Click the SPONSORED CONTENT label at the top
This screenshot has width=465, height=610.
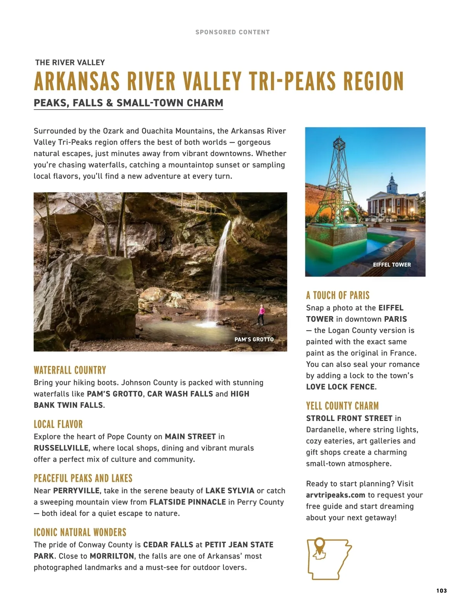232,32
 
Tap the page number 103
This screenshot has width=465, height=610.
441,591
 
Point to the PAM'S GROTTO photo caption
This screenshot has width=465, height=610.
254,339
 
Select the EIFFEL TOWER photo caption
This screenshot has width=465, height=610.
392,265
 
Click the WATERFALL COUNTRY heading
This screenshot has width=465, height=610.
70,370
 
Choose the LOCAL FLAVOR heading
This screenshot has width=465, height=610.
58,424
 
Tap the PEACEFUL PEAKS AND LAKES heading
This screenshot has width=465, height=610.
83,478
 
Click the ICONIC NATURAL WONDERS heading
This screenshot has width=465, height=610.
80,532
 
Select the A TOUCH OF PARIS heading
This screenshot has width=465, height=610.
338,296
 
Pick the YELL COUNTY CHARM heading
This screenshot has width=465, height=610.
342,406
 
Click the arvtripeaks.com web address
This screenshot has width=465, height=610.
336,495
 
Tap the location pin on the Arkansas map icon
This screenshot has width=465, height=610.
319,544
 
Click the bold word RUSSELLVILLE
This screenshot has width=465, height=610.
61,448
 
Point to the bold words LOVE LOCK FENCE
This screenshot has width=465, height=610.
340,387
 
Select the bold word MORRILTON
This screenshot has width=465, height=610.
112,556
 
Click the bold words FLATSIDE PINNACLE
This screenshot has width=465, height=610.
188,502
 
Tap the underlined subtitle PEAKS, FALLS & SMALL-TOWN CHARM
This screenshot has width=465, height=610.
128,103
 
